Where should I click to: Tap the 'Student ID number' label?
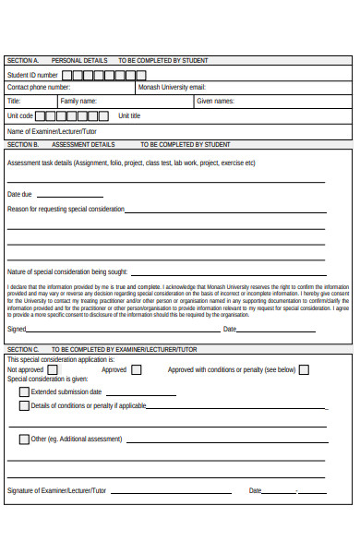pyautogui.click(x=32, y=75)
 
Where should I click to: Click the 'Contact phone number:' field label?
pyautogui.click(x=38, y=88)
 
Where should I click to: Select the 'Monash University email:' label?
pyautogui.click(x=171, y=88)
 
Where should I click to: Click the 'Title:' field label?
pyautogui.click(x=14, y=102)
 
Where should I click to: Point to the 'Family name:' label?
pyautogui.click(x=78, y=102)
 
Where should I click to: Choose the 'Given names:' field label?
pyautogui.click(x=215, y=102)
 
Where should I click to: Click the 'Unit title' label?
pyautogui.click(x=129, y=116)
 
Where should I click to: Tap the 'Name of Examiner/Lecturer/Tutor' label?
pyautogui.click(x=52, y=131)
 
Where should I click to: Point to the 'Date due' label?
pyautogui.click(x=19, y=195)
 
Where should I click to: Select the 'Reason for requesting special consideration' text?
pyautogui.click(x=66, y=210)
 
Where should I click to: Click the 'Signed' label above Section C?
pyautogui.click(x=17, y=329)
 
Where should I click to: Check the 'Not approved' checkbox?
pyautogui.click(x=52, y=370)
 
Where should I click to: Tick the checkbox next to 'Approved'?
pyautogui.click(x=137, y=370)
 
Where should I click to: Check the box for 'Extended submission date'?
pyautogui.click(x=24, y=391)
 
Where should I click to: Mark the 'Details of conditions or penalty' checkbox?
pyautogui.click(x=24, y=405)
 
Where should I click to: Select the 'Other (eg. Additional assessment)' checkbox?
pyautogui.click(x=24, y=439)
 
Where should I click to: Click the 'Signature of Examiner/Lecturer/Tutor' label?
pyautogui.click(x=56, y=490)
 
